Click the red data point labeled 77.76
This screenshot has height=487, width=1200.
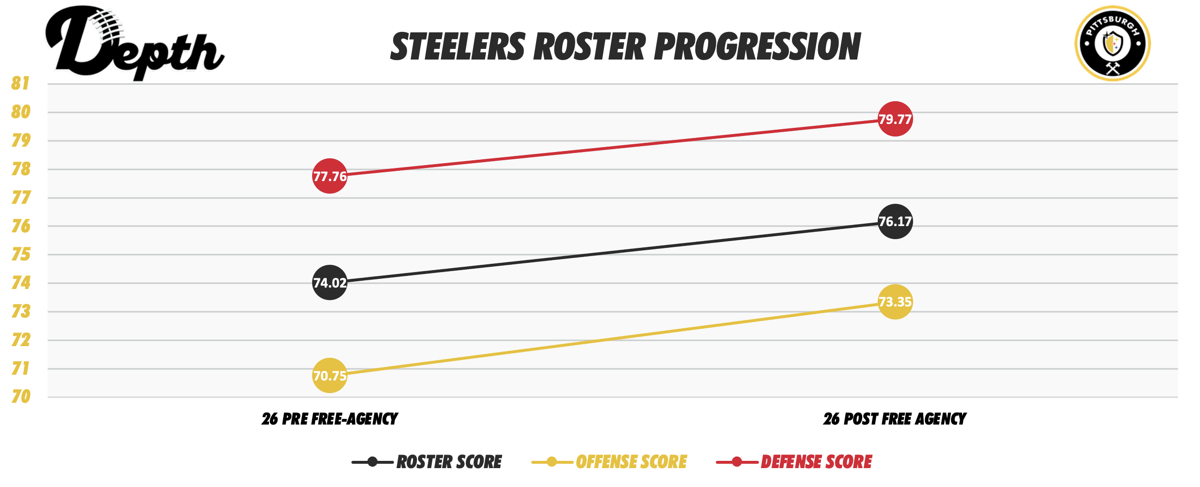tap(330, 176)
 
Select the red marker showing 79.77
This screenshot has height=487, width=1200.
tap(895, 119)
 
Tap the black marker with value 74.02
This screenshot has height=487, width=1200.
tap(330, 282)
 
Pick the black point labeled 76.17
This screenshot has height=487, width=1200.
tap(895, 221)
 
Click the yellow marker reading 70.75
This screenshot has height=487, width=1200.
tap(330, 375)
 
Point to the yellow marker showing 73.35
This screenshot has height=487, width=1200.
tap(895, 302)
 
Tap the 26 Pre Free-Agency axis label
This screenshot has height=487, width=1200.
tap(330, 419)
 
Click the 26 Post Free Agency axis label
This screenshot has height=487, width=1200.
tap(895, 419)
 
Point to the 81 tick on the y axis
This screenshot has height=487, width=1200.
tap(20, 83)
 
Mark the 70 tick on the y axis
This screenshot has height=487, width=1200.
tap(20, 397)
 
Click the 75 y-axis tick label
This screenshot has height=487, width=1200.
tap(20, 254)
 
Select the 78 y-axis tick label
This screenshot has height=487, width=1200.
tap(20, 169)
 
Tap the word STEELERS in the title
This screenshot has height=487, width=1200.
tap(458, 47)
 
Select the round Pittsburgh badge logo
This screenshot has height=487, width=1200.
tap(1112, 44)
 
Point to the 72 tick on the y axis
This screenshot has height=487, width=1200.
tap(20, 340)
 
